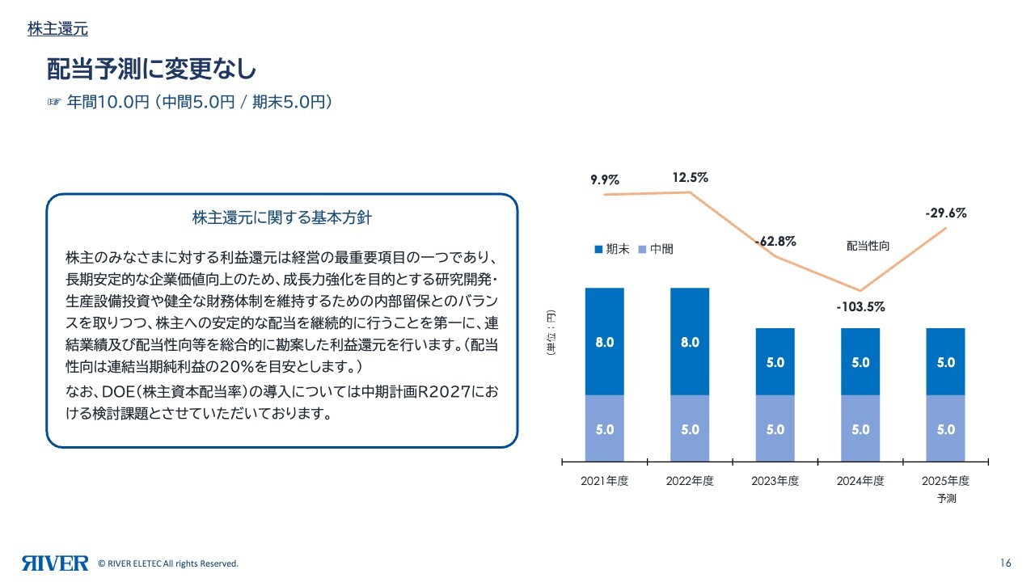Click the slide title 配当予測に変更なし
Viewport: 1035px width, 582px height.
tap(151, 70)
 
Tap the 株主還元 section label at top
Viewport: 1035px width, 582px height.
tap(57, 29)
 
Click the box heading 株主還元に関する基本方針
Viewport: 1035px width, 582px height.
tap(281, 218)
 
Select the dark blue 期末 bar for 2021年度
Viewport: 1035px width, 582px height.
tap(604, 341)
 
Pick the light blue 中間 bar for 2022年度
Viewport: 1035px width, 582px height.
tap(690, 429)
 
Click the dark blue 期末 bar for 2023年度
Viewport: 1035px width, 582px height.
tap(775, 361)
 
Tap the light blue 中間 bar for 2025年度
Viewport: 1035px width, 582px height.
tap(945, 429)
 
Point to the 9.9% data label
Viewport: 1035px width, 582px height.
tap(604, 179)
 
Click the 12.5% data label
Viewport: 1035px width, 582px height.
tap(690, 177)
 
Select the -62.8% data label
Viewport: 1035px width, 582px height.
tap(775, 241)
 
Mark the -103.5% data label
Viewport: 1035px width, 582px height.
tap(860, 307)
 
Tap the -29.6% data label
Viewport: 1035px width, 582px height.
tap(945, 213)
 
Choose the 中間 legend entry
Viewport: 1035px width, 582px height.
tap(656, 249)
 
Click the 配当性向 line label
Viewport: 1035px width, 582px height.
tap(868, 246)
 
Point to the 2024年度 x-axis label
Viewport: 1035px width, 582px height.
tap(860, 481)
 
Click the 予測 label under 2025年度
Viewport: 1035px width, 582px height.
tap(946, 499)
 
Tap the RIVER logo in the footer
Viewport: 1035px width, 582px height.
tap(55, 563)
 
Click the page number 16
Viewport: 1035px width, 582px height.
tap(1006, 563)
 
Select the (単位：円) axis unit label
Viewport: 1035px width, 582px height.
tap(549, 333)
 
